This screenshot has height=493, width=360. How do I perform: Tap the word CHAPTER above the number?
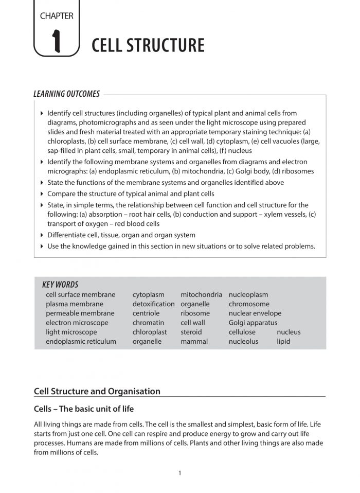(57, 16)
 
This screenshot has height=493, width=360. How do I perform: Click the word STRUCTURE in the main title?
(165, 45)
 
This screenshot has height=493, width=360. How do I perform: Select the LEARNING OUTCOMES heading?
(67, 94)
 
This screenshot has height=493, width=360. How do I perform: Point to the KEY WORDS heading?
(60, 285)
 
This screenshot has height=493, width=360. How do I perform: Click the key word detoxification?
(153, 304)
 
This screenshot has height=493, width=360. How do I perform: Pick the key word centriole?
(146, 313)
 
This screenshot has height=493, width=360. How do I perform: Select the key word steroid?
(191, 332)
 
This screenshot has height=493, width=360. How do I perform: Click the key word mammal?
(194, 341)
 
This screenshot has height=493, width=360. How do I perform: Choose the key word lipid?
(283, 341)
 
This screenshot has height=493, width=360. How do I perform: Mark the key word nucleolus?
(244, 341)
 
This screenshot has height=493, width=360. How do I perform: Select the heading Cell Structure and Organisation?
(97, 391)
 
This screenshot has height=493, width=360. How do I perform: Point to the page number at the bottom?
(179, 473)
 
